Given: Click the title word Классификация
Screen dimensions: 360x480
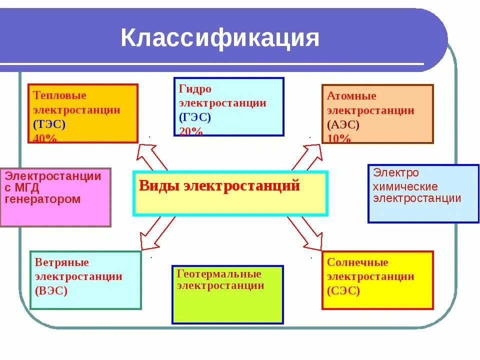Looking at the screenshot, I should tap(220, 39).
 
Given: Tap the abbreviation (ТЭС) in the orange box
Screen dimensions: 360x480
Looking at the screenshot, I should tap(49, 124).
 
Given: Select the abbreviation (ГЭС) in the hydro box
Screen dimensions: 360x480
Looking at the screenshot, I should tap(195, 118).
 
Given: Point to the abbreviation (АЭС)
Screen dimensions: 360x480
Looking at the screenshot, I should tap(343, 125).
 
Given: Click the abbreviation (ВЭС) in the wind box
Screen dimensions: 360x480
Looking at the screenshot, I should tap(51, 291).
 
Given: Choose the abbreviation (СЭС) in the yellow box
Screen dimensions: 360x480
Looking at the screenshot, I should tap(343, 291).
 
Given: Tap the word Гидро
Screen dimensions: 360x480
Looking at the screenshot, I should tap(195, 89).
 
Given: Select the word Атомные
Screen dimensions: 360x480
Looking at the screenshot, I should tap(351, 96).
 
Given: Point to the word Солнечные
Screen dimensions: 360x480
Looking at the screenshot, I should tap(357, 262).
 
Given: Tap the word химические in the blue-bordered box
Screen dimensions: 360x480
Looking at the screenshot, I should tap(405, 187).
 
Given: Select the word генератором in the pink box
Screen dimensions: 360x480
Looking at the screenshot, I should tap(42, 199).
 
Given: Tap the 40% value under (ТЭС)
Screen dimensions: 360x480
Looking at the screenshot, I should tap(45, 138).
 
